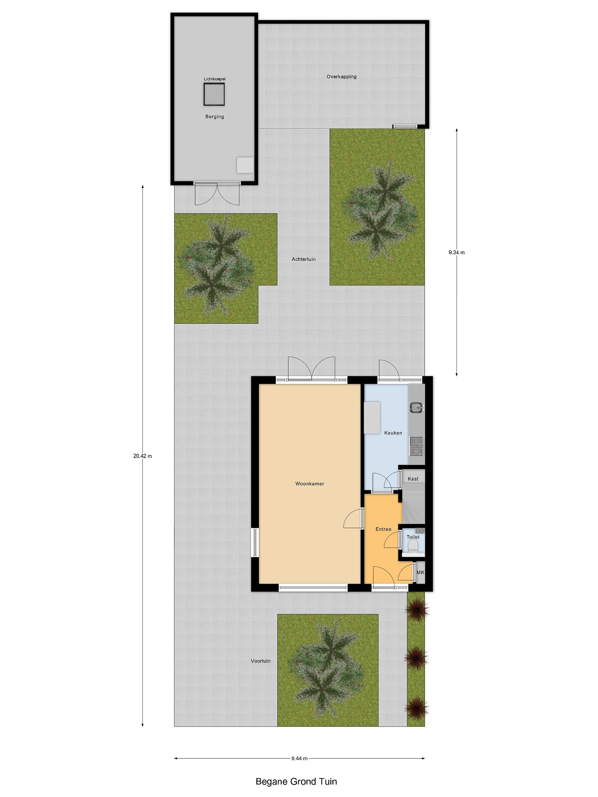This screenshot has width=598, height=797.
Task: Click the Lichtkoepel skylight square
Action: point(214,94)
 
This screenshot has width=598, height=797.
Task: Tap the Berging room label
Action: point(215,117)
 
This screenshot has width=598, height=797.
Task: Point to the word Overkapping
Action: point(341,77)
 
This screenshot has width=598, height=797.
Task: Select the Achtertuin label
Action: point(303,259)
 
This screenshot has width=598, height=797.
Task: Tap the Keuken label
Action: point(393,433)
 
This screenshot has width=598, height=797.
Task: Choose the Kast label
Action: point(413,479)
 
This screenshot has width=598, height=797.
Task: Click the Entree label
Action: point(383,529)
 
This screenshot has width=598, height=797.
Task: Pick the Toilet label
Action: point(413,537)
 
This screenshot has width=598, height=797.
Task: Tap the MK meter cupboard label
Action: point(420,573)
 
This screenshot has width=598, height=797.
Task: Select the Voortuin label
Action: point(261,661)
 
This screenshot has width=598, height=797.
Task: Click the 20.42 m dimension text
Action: point(142,456)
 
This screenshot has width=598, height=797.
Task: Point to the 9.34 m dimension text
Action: point(456,253)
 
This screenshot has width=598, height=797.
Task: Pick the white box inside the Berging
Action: point(245,165)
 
